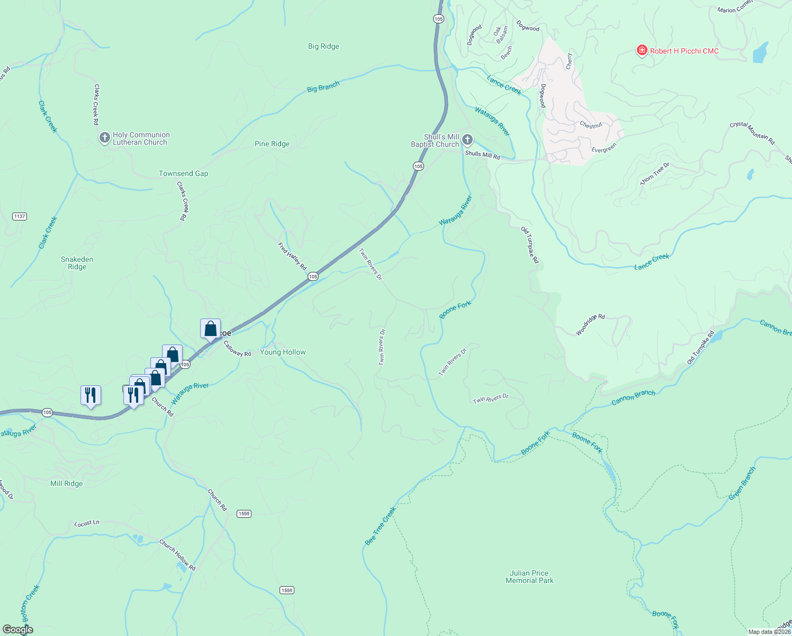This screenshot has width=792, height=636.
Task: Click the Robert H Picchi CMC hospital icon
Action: click(642, 51)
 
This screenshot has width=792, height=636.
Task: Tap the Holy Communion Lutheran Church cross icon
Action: click(104, 138)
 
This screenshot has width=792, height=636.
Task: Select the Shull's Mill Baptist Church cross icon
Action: click(467, 140)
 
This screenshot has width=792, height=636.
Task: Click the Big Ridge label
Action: click(323, 47)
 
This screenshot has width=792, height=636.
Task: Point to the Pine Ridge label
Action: click(272, 144)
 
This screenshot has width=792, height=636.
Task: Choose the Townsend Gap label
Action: click(184, 174)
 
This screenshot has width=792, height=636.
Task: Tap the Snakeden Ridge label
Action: click(77, 263)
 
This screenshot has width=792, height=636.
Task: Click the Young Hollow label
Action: click(283, 352)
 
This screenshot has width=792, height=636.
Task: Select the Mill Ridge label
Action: click(67, 483)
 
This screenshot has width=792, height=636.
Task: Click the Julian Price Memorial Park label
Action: click(529, 577)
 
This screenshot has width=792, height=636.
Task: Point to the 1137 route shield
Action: click(20, 216)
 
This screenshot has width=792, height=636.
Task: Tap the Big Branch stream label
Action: click(323, 86)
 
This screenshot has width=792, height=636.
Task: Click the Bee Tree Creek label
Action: click(381, 526)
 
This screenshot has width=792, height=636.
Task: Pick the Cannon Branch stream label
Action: click(633, 397)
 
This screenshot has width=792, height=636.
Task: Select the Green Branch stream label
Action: click(742, 483)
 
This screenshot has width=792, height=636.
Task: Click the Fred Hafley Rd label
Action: click(292, 257)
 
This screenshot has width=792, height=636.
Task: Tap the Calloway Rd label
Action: click(237, 349)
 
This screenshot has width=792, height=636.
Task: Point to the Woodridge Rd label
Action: click(590, 324)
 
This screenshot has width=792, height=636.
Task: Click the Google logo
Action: click(18, 630)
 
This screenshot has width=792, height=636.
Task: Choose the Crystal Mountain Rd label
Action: click(752, 133)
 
